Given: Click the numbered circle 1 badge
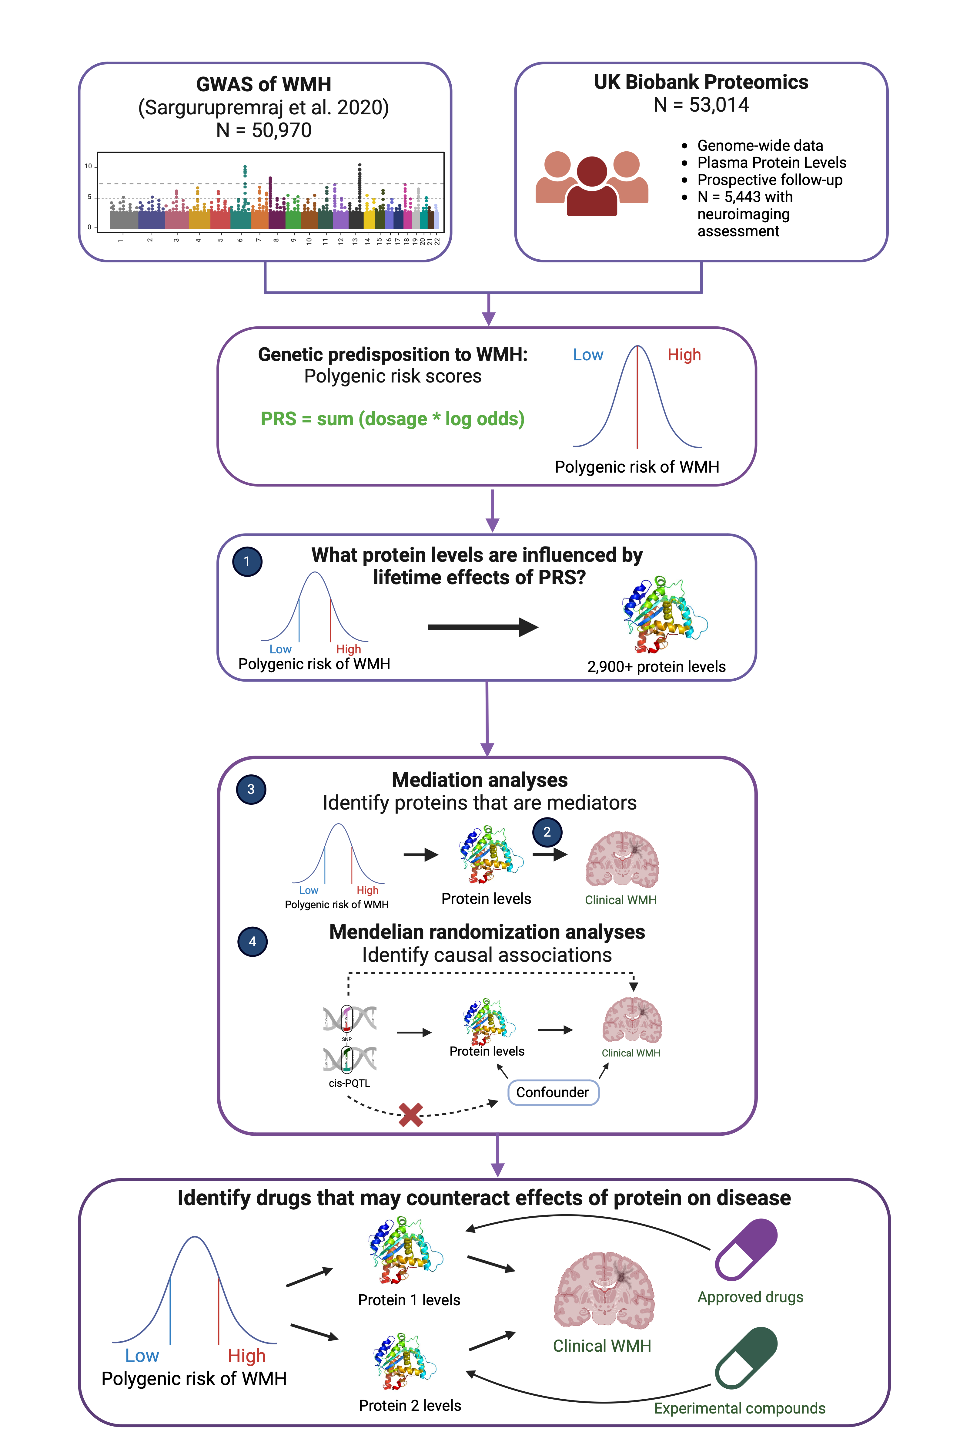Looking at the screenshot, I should tap(247, 561).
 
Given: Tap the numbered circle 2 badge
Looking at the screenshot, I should tap(547, 832).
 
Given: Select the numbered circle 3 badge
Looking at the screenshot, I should tap(251, 789).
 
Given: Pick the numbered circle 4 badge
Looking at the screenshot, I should tap(253, 942).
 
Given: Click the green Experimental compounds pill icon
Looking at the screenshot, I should tap(745, 1358).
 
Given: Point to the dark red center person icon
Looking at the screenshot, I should tap(592, 186).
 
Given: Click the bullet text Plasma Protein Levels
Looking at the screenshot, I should tap(771, 163).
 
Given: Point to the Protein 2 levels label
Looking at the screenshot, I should tap(410, 1406).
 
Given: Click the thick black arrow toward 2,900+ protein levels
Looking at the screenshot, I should tap(483, 627).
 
